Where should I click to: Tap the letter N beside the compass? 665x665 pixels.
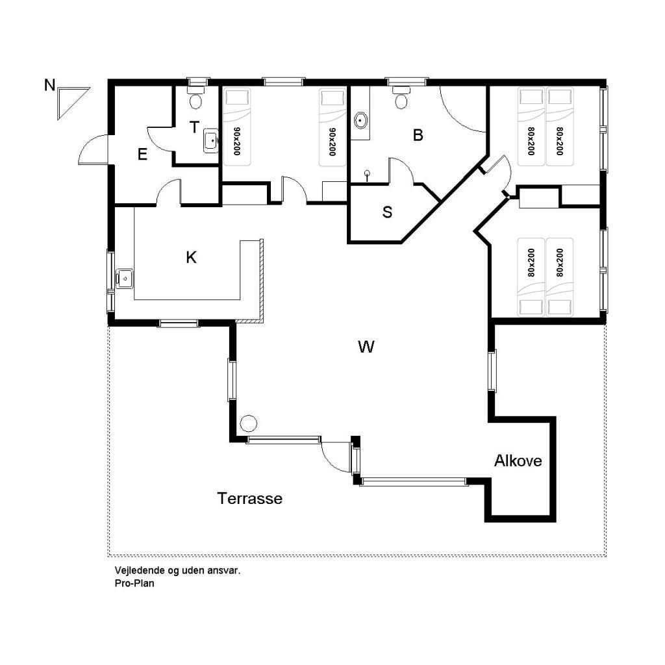tap(49, 85)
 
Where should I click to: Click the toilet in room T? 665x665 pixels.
tap(195, 99)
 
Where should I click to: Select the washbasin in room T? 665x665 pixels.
tap(211, 140)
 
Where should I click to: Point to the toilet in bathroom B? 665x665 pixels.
tap(401, 98)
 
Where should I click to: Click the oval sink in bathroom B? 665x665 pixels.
tap(360, 120)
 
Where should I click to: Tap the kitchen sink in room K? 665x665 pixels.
tap(124, 279)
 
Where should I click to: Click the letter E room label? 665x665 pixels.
tap(142, 155)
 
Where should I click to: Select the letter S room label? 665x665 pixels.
tap(387, 212)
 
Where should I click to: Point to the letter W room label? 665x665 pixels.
tap(366, 347)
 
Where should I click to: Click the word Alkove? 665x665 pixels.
tap(518, 460)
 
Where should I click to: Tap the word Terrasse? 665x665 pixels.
tap(250, 498)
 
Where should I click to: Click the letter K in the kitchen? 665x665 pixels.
tap(192, 257)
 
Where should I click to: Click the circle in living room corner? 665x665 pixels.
tap(248, 423)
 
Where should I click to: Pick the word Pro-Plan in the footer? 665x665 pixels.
tap(134, 583)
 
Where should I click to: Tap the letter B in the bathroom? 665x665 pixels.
tap(418, 135)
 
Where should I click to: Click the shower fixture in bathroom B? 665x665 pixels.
tap(368, 175)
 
